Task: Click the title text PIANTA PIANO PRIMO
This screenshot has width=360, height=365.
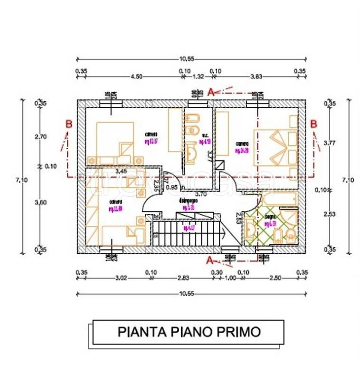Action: [x=189, y=331]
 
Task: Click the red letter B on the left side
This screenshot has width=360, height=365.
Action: [x=69, y=124]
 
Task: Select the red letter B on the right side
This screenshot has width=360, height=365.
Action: [x=313, y=124]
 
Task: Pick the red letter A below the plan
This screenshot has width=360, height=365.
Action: [x=209, y=260]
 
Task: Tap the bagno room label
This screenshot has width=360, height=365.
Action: [x=270, y=217]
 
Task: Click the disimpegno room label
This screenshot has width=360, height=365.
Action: [x=185, y=201]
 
